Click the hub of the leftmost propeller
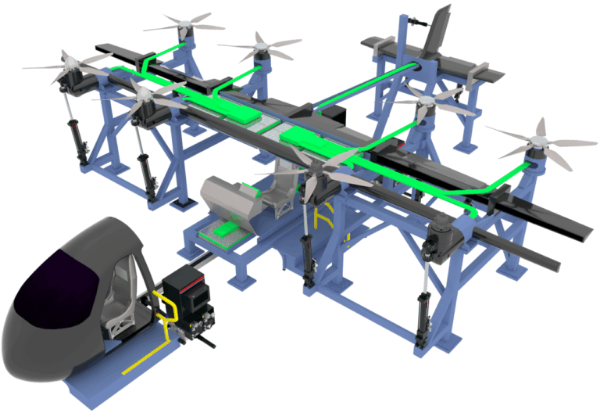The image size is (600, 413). point(66,63)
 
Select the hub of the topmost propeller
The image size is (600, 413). point(184,25)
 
